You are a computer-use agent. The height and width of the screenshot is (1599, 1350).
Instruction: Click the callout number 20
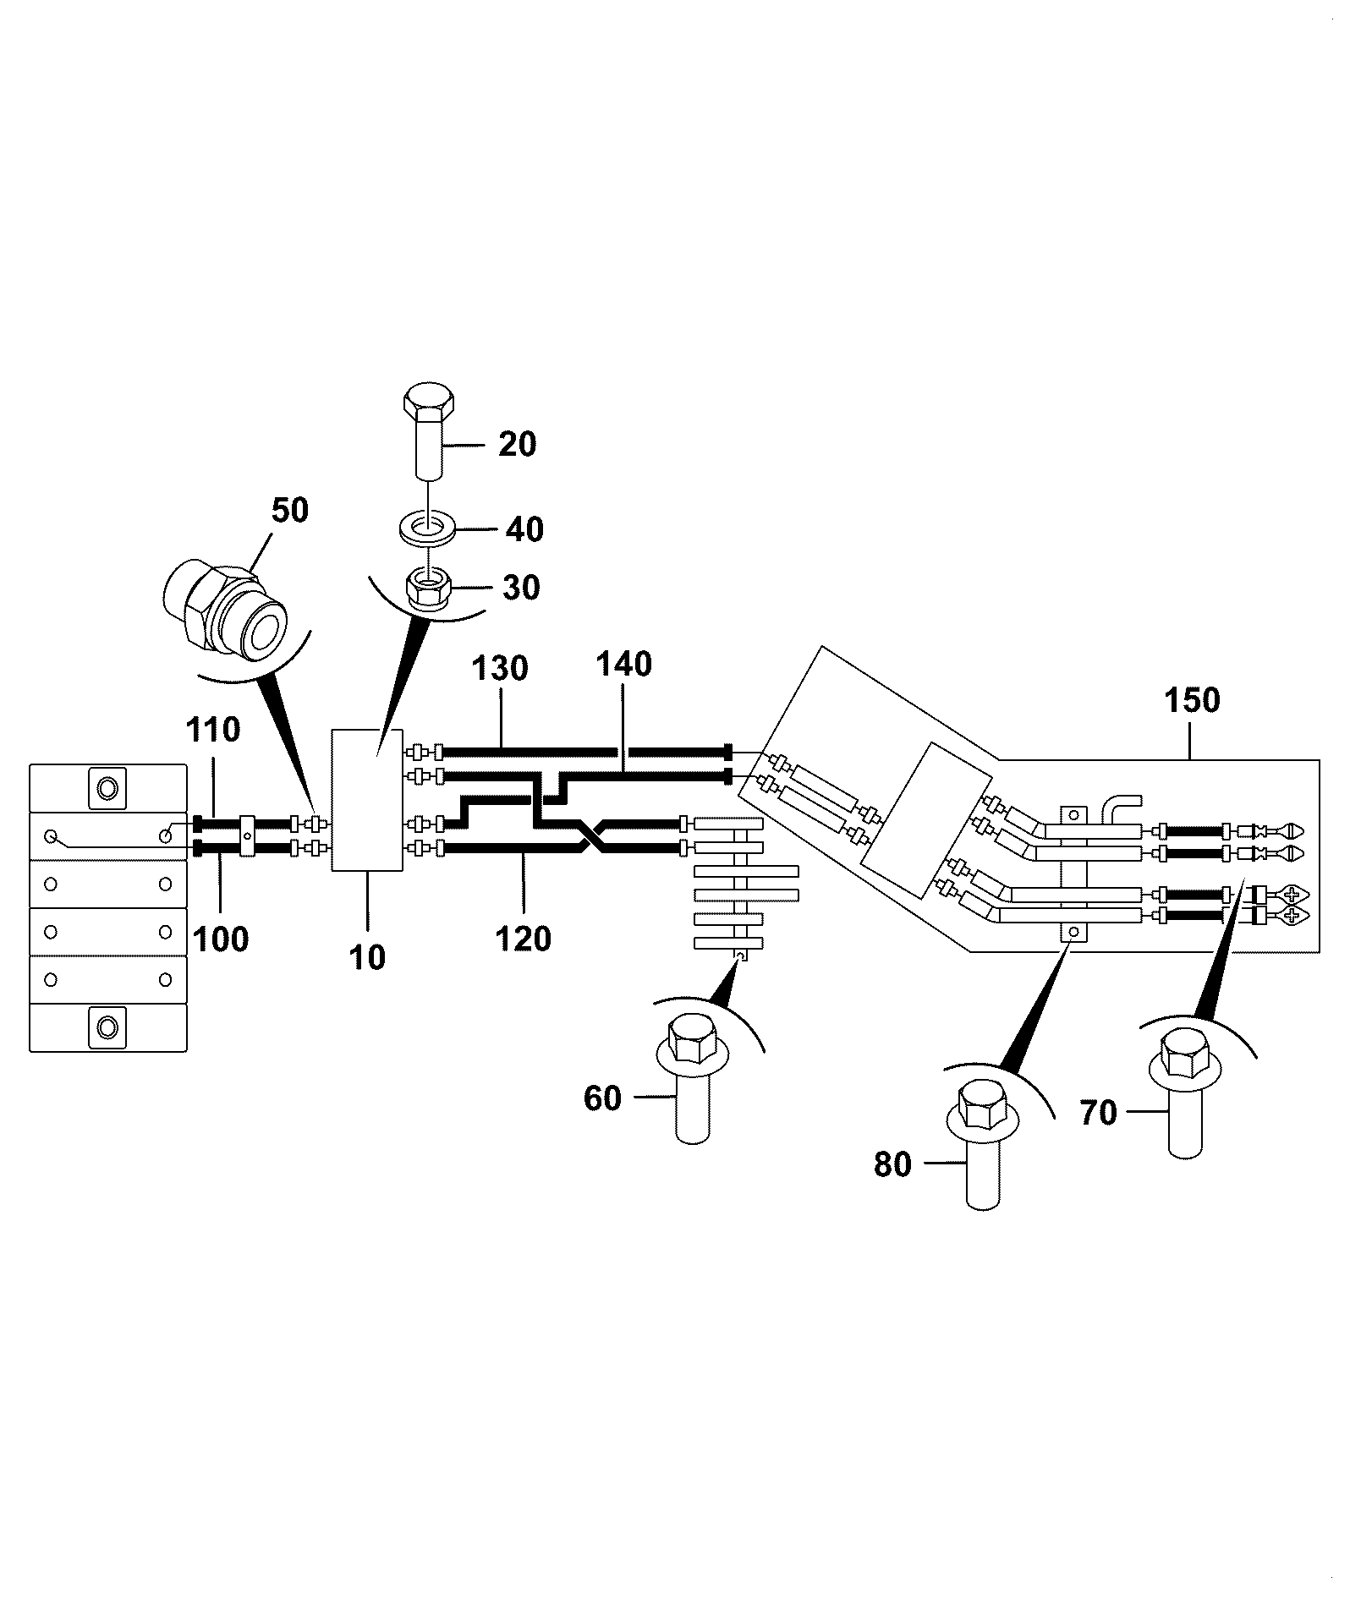[517, 444]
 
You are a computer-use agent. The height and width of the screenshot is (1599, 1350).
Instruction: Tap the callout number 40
[524, 529]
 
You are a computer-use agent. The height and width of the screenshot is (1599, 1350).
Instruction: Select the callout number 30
[521, 587]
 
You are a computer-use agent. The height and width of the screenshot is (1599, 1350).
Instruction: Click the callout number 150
[1192, 700]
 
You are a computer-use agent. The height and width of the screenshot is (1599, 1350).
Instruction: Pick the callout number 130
[500, 668]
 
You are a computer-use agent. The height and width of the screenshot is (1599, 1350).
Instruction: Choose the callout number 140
[623, 664]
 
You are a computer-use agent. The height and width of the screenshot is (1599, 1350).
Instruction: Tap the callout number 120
[523, 939]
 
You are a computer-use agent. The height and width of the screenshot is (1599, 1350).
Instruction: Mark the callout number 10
[368, 957]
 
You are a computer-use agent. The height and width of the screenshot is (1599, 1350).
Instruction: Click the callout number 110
[214, 729]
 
